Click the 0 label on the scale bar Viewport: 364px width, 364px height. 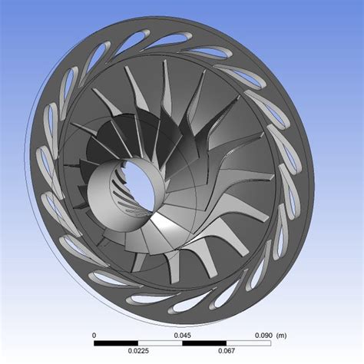click(94, 336)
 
